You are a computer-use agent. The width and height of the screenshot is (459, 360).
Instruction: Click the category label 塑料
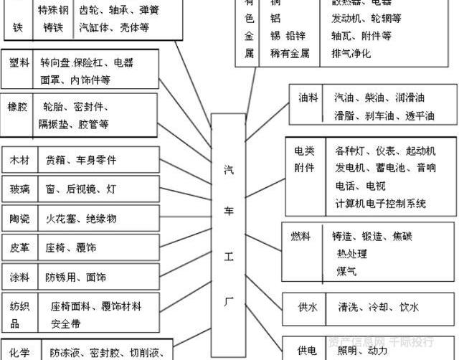[x=19, y=63]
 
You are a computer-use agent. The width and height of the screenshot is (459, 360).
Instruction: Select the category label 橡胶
[x=18, y=106]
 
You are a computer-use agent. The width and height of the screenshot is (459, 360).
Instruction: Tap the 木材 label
[x=20, y=159]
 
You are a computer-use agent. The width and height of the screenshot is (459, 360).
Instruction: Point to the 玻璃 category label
[x=20, y=189]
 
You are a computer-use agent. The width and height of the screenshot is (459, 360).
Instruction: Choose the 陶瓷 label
[x=20, y=218]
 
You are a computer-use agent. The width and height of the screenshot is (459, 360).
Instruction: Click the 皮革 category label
[x=20, y=247]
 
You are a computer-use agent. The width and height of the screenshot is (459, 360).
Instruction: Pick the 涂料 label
[x=20, y=277]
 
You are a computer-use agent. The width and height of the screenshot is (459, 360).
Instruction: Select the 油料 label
[x=308, y=98]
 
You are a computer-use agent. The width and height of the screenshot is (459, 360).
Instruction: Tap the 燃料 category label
[x=301, y=237]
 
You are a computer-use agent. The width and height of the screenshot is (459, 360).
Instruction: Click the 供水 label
[x=308, y=307]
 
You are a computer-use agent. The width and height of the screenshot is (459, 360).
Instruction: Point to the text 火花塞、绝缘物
[x=81, y=218]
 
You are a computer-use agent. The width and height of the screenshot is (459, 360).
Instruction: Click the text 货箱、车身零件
[x=80, y=159]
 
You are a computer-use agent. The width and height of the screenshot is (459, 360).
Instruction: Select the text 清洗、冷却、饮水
[x=379, y=307]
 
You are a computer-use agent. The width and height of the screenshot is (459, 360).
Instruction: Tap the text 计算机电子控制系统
[x=380, y=203]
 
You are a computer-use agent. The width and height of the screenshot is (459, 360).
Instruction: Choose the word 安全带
[x=65, y=323]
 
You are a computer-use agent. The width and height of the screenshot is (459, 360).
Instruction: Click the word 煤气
[x=346, y=271]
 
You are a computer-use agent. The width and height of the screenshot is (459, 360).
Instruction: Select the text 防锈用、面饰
[x=76, y=277]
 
